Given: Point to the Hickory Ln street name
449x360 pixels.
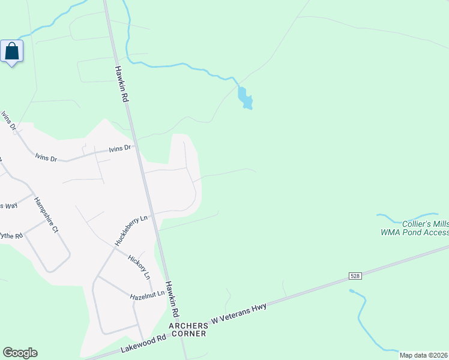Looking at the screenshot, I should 139,267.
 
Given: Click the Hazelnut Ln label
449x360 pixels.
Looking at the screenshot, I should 147,296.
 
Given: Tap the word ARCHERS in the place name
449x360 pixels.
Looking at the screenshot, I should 187,326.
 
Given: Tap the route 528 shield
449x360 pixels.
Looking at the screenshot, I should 355,275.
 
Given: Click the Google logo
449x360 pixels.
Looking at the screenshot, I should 20,353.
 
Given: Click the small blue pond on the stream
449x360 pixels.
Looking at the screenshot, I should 244,98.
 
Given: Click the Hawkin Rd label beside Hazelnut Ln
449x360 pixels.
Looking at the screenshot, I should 173,300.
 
